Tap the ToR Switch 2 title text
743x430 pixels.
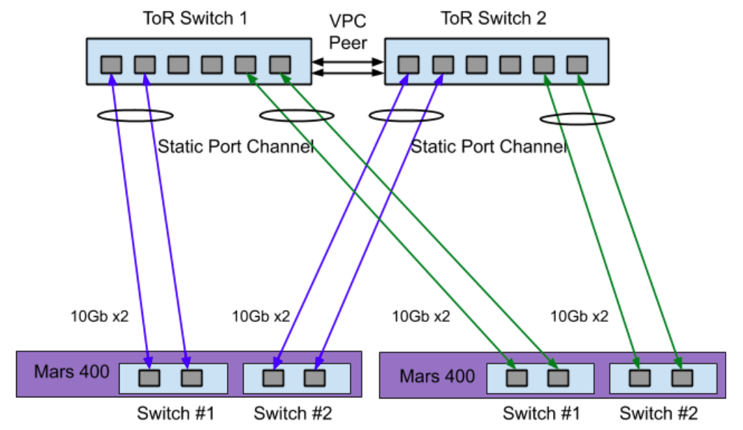(x=494, y=18)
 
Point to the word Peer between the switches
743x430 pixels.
(x=348, y=43)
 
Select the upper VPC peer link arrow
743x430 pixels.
(x=348, y=62)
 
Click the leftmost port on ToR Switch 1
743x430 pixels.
(x=111, y=65)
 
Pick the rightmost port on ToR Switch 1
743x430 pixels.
(x=279, y=65)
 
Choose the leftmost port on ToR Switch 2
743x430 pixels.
(x=409, y=65)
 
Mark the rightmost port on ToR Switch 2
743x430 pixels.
(x=577, y=65)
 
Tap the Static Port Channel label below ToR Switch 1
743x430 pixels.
(x=235, y=147)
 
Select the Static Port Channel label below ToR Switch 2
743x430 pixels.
(x=488, y=147)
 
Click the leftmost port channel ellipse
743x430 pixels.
(x=136, y=115)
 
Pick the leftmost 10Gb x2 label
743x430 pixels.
(x=100, y=316)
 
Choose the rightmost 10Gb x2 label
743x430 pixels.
(x=580, y=316)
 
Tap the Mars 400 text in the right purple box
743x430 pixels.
(x=437, y=377)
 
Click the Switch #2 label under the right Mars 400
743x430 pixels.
(x=659, y=413)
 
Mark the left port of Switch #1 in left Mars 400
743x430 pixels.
(x=150, y=378)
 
